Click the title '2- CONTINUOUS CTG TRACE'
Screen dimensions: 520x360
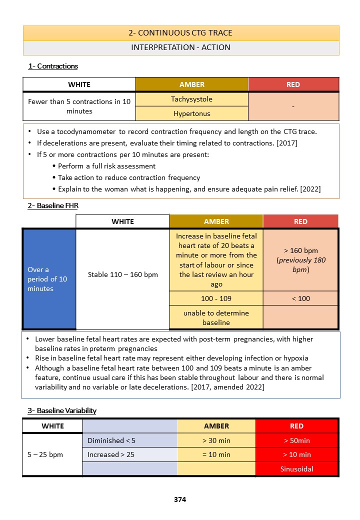(180, 33)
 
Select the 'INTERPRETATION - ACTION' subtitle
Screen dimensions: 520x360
(180, 47)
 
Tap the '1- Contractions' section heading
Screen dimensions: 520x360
(53, 66)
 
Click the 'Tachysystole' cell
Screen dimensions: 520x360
(191, 99)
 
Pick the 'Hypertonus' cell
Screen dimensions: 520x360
(191, 113)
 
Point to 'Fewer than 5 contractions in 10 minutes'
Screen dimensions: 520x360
(79, 106)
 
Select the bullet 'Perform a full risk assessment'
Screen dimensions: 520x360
(106, 166)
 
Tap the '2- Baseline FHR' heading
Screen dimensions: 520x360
(53, 205)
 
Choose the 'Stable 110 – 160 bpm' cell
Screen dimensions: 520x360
(122, 274)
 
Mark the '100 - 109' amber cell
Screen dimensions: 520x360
(216, 298)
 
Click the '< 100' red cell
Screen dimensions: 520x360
(300, 298)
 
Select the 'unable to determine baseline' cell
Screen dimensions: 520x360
(216, 317)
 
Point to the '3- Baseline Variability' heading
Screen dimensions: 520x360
(62, 410)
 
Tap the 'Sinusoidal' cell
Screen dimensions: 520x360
(296, 469)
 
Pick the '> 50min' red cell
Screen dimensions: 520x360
(296, 440)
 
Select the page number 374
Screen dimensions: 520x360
(180, 499)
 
